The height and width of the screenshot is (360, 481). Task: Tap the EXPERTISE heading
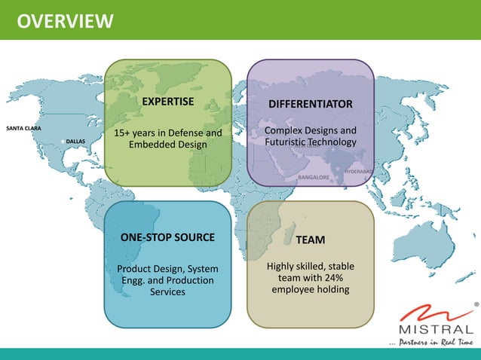click(168, 101)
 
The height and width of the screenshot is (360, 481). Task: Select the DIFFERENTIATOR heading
click(310, 102)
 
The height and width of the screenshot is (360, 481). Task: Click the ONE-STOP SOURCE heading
click(167, 238)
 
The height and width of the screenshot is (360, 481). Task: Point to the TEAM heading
click(310, 239)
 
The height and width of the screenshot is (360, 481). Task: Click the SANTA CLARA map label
click(23, 129)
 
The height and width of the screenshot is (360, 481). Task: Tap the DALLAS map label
click(75, 141)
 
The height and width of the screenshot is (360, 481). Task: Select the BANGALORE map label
click(314, 178)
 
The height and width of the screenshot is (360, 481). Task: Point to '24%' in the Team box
click(335, 278)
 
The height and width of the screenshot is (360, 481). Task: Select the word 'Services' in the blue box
click(167, 292)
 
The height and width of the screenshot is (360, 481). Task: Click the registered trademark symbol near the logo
click(475, 305)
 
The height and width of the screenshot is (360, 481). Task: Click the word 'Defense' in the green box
click(185, 133)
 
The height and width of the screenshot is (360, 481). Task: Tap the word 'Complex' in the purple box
click(284, 131)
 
